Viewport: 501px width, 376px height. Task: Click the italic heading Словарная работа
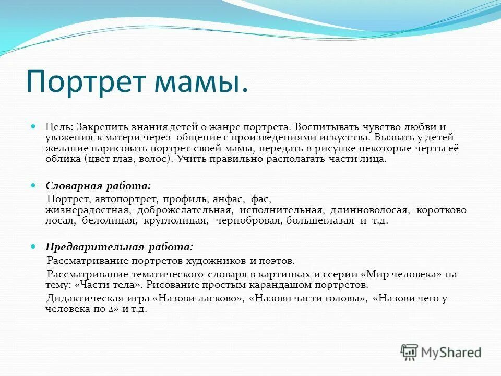pyautogui.click(x=99, y=185)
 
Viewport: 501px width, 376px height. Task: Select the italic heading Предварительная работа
pyautogui.click(x=120, y=246)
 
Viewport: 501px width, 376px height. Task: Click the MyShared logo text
pyautogui.click(x=451, y=352)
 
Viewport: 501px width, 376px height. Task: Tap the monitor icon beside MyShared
pyautogui.click(x=410, y=352)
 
